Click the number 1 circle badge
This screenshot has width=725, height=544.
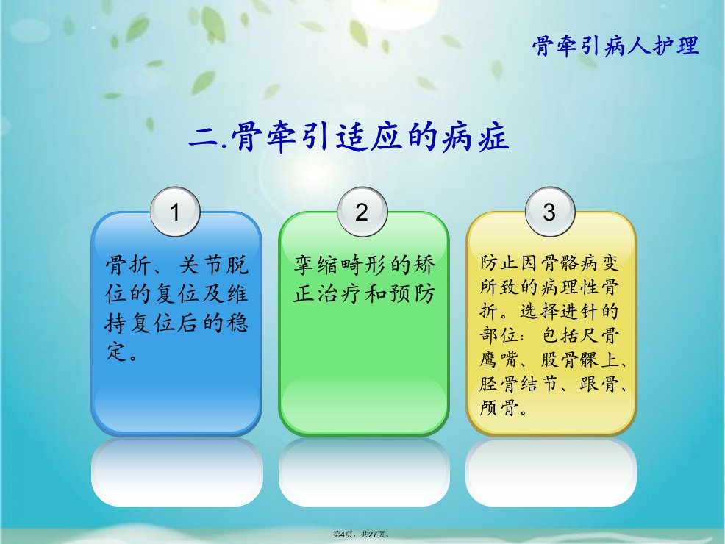[175, 212]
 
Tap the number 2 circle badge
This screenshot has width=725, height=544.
[362, 212]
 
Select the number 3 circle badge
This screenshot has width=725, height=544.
[550, 212]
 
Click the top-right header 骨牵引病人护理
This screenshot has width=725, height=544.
[615, 46]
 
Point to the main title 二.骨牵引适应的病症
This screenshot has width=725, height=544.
[349, 137]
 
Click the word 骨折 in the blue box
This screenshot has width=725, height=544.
[129, 265]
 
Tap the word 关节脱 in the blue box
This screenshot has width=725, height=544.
[214, 265]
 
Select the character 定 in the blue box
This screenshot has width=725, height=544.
[116, 351]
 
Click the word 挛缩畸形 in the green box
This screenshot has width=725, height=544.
[340, 265]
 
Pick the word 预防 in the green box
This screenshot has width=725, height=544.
[413, 293]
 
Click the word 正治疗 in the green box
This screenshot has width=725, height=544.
[328, 293]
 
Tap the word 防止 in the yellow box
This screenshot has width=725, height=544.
[499, 263]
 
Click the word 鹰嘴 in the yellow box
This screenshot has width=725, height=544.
[498, 359]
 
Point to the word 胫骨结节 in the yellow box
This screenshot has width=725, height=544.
[519, 384]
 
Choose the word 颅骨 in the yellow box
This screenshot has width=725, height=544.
[499, 408]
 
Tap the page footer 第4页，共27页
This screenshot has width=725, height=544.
[362, 534]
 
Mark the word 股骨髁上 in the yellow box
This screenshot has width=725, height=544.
[580, 359]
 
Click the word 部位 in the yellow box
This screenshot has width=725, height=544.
[499, 335]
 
